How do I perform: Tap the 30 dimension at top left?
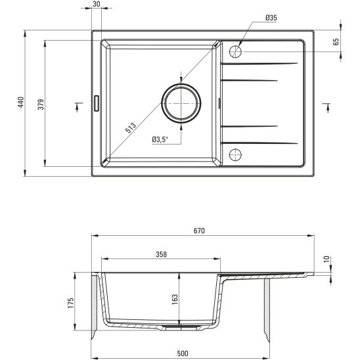[x=97, y=5]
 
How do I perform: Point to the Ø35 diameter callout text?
[x=270, y=18]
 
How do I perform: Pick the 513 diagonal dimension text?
[x=130, y=128]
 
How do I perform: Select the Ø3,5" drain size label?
[x=160, y=139]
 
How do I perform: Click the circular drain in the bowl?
[x=180, y=103]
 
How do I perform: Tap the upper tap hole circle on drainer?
[x=235, y=51]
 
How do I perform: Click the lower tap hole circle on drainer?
[x=235, y=154]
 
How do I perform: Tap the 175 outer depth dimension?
[x=70, y=302]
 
